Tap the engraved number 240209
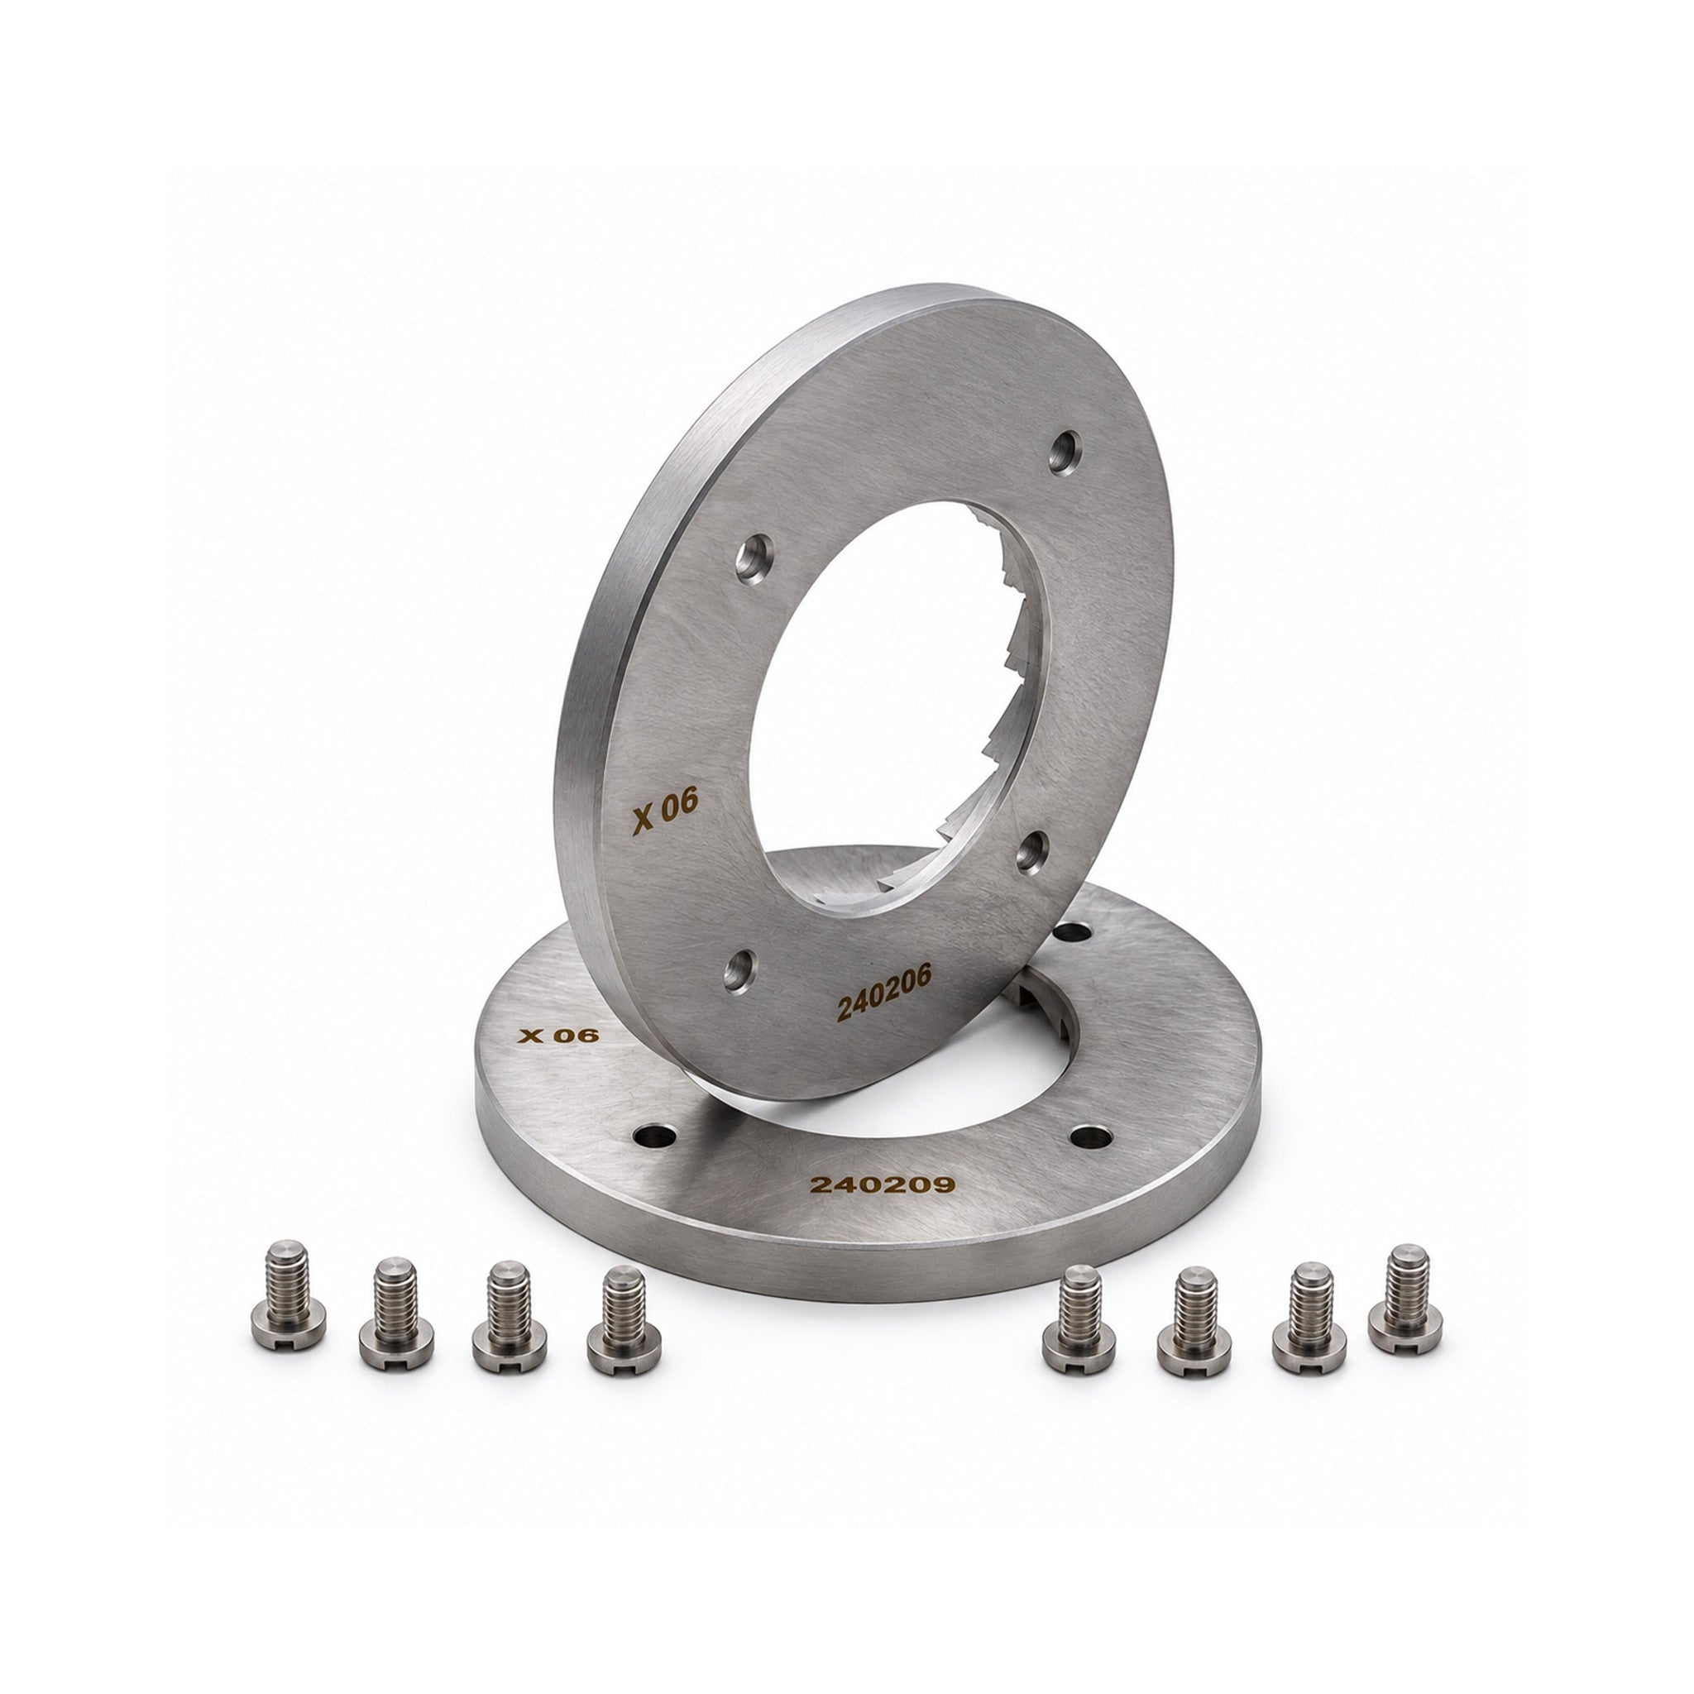[x=882, y=1184]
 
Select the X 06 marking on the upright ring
[x=666, y=812]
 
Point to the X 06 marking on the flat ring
[x=558, y=1036]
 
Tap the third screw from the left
[x=510, y=1315]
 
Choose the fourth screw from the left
[x=624, y=1320]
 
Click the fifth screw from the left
[x=1079, y=1318]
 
